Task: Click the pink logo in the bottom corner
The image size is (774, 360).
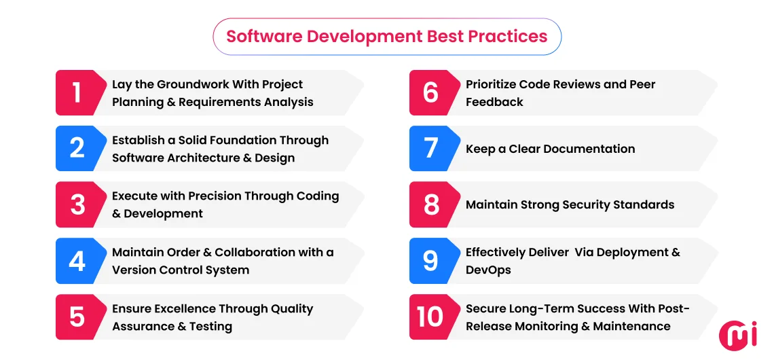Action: pyautogui.click(x=737, y=336)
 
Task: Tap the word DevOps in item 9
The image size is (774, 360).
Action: pyautogui.click(x=488, y=270)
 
